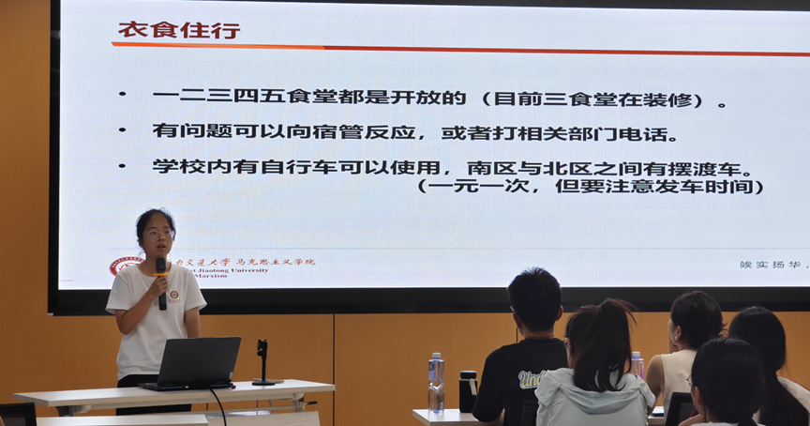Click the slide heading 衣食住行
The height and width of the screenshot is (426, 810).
tap(178, 29)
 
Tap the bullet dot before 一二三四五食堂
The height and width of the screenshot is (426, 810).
tap(122, 95)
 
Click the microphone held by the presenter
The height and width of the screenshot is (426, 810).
tap(161, 279)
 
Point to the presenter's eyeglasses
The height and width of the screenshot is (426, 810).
tap(157, 233)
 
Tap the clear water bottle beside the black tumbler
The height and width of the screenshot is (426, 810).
tap(436, 382)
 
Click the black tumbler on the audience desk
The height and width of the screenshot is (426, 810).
tap(467, 390)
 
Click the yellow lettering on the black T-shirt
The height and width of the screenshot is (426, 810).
tap(532, 379)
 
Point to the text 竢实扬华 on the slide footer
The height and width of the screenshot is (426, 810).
tap(767, 265)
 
